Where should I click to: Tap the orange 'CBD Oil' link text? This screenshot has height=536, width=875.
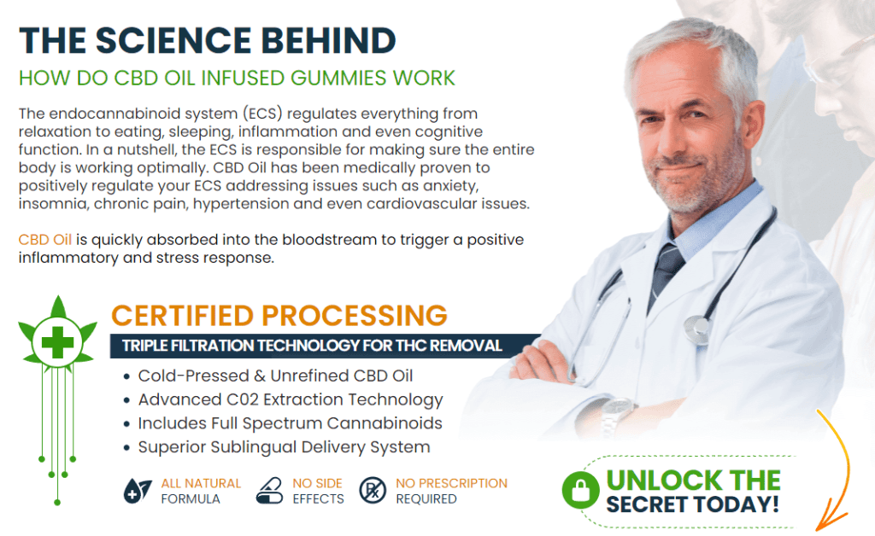pyautogui.click(x=45, y=240)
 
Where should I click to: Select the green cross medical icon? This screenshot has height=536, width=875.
pyautogui.click(x=57, y=341)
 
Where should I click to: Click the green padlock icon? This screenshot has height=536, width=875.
pyautogui.click(x=580, y=490)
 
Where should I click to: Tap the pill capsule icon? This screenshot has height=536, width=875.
pyautogui.click(x=270, y=491)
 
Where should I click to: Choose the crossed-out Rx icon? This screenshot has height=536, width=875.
pyautogui.click(x=373, y=491)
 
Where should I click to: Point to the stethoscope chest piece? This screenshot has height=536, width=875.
pyautogui.click(x=697, y=329)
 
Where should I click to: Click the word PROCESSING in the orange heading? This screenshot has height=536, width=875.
pyautogui.click(x=355, y=315)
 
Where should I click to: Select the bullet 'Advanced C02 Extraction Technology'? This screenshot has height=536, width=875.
pyautogui.click(x=291, y=400)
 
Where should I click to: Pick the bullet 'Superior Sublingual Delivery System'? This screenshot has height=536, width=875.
pyautogui.click(x=284, y=447)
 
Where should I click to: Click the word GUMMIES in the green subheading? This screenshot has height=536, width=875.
pyautogui.click(x=338, y=78)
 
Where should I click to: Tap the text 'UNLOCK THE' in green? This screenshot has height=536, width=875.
pyautogui.click(x=693, y=481)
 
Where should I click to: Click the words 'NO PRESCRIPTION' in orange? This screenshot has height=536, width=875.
pyautogui.click(x=451, y=483)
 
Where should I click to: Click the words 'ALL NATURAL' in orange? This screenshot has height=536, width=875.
pyautogui.click(x=201, y=483)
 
